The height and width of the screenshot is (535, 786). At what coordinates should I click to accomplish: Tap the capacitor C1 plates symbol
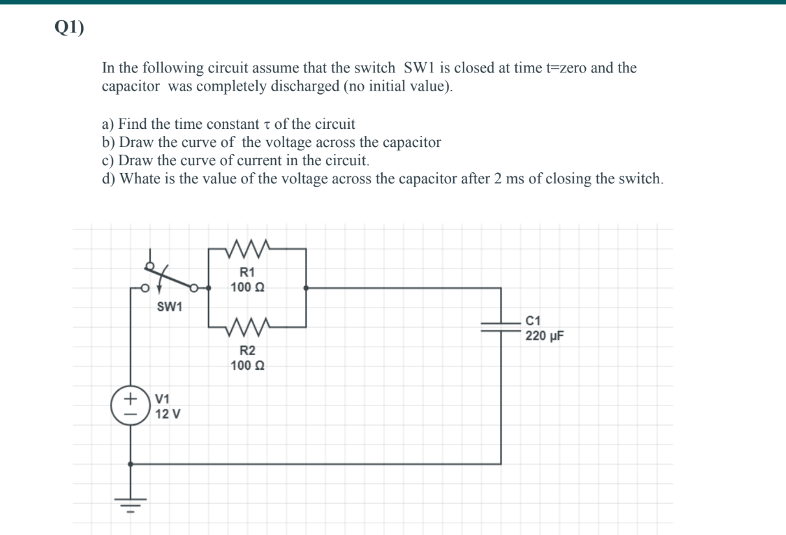pyautogui.click(x=500, y=326)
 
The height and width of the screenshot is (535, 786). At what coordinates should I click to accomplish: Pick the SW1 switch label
pyautogui.click(x=170, y=306)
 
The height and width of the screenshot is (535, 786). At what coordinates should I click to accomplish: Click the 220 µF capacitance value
pyautogui.click(x=545, y=336)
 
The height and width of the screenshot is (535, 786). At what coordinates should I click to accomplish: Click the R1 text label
pyautogui.click(x=247, y=273)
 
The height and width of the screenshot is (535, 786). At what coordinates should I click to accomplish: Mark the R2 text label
pyautogui.click(x=247, y=351)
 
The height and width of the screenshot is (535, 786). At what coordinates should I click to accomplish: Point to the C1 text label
pyautogui.click(x=533, y=320)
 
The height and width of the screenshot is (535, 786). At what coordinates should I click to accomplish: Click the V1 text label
pyautogui.click(x=163, y=399)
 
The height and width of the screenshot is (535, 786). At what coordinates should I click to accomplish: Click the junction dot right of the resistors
pyautogui.click(x=306, y=288)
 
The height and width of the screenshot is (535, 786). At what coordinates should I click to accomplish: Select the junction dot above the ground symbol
pyautogui.click(x=131, y=464)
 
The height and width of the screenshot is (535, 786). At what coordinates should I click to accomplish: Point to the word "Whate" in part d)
pyautogui.click(x=139, y=179)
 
